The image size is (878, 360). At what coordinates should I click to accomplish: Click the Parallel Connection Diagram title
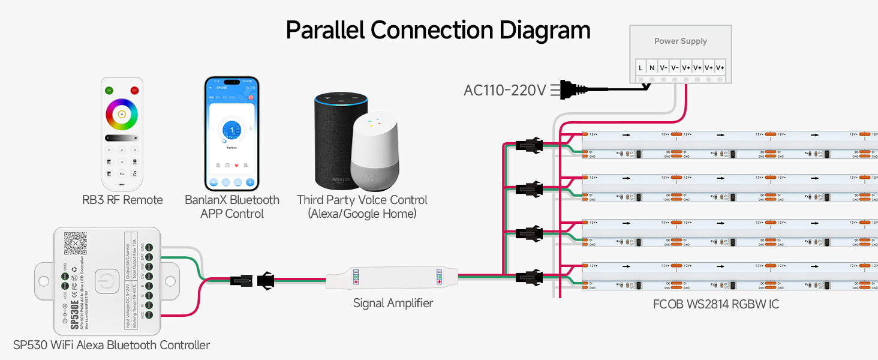coord(438,30)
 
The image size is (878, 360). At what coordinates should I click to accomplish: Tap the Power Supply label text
coord(680,41)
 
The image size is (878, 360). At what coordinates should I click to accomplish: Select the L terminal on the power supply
coord(641,68)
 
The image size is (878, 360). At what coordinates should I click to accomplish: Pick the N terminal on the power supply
coord(652,68)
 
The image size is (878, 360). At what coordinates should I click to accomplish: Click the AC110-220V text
coord(504,91)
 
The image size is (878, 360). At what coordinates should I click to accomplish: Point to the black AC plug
coord(573,90)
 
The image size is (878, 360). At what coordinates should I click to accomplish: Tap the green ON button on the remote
coord(109,90)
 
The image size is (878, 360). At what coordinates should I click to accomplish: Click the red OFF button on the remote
coord(134,90)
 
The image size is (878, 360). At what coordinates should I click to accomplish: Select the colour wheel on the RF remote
coord(122,114)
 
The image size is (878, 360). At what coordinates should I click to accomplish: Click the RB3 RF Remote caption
coord(122,200)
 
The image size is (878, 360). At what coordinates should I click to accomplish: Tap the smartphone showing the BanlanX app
coord(231,133)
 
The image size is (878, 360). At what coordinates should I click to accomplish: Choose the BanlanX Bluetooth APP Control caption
coord(232,207)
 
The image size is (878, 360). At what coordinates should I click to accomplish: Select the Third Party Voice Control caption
coord(362,207)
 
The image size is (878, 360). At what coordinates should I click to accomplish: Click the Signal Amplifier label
coord(393,304)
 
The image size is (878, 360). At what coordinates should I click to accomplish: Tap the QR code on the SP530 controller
coord(76,244)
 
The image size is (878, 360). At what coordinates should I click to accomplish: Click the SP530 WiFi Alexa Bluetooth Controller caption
coord(112,345)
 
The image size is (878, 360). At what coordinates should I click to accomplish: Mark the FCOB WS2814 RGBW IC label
coord(716,304)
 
